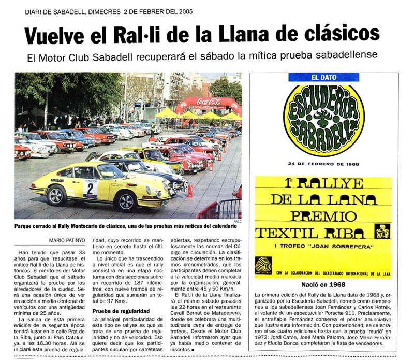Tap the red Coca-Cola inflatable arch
[208, 104]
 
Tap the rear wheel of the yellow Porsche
[55, 195]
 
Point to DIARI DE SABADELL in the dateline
[56, 11]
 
